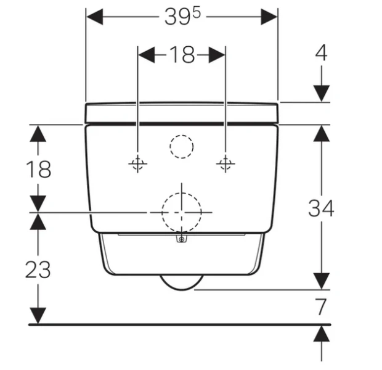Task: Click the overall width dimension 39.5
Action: pos(182,17)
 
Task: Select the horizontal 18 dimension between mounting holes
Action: pos(182,55)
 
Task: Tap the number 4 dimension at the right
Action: pos(322,53)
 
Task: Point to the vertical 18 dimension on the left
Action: pos(38,169)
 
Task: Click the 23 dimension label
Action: pos(38,269)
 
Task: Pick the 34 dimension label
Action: pos(321,208)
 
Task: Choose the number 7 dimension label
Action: pos(321,306)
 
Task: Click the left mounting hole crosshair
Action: pos(137,163)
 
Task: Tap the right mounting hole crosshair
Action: pos(226,163)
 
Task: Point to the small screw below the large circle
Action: pos(181,239)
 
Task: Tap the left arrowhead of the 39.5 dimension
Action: pos(94,17)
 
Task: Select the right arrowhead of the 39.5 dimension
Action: pos(269,17)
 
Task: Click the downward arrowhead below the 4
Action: pos(322,93)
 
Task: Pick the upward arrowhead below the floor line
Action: pos(322,334)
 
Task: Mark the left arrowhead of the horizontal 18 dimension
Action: pos(147,55)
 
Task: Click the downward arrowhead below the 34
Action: pos(322,281)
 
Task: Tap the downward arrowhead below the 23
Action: pos(38,316)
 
